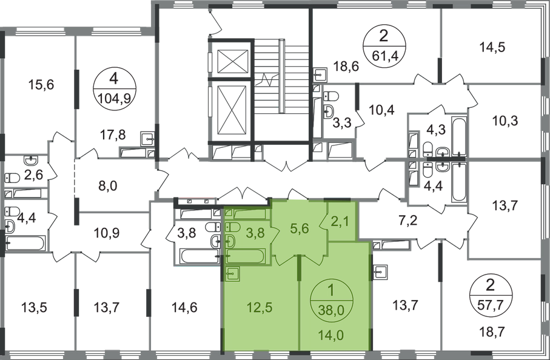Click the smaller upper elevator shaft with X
(232, 59)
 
